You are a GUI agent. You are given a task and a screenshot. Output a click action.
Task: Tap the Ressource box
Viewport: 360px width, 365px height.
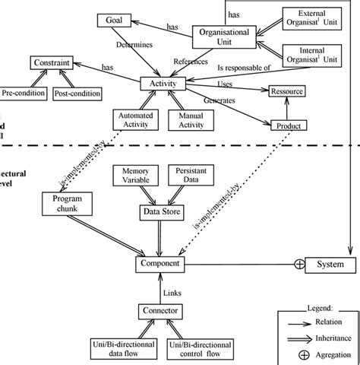(x=286, y=92)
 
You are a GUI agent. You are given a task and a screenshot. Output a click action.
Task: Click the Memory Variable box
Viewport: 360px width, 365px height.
(x=135, y=176)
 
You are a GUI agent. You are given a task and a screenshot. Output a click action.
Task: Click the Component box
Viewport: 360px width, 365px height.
(x=160, y=263)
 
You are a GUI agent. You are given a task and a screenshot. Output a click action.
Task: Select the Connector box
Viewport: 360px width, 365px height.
(x=160, y=311)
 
